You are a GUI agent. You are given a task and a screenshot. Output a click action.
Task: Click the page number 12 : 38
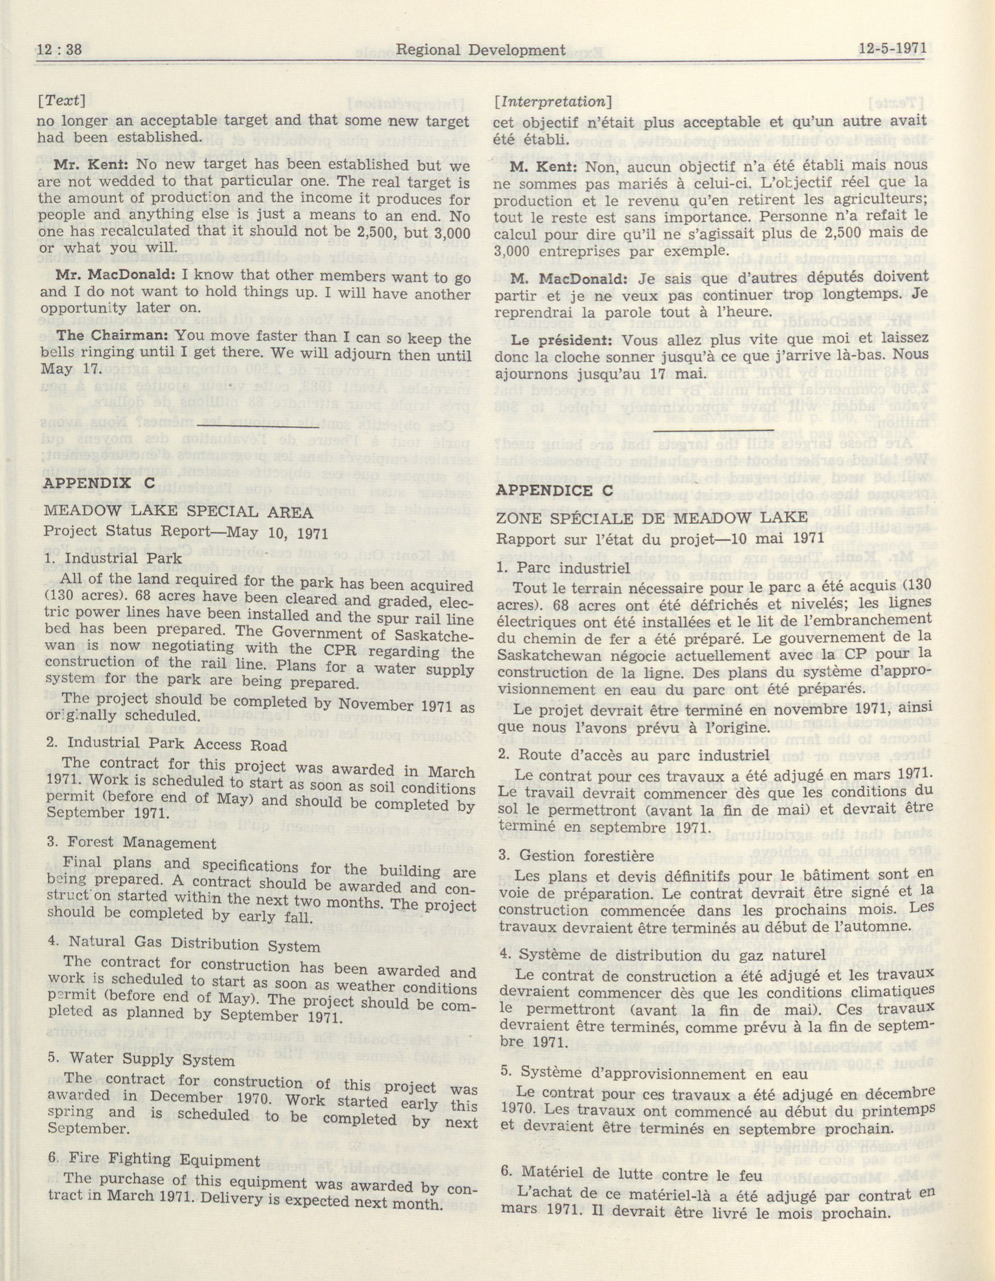click(59, 52)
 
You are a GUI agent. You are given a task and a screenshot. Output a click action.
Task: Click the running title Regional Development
click(481, 52)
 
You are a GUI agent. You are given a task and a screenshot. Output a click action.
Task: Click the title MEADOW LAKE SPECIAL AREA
click(178, 511)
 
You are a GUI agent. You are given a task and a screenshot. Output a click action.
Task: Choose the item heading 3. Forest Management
click(130, 843)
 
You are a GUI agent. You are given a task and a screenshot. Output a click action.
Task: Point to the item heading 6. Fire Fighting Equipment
click(152, 1144)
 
